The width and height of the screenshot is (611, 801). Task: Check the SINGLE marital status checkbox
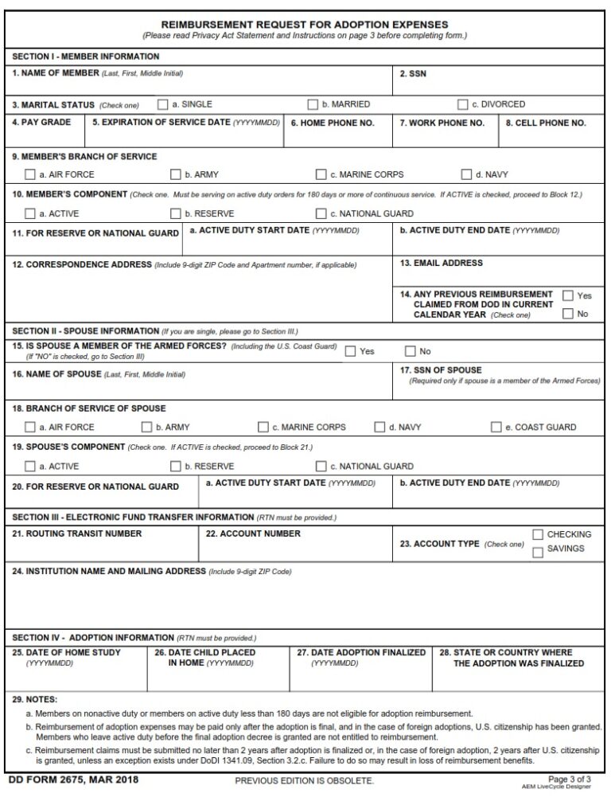coord(163,104)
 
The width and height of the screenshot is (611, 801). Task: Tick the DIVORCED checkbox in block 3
coord(462,104)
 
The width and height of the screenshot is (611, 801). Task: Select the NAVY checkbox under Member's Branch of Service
coord(466,174)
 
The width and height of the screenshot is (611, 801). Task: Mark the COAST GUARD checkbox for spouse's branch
coord(496,427)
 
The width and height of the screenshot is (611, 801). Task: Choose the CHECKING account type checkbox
coord(537,534)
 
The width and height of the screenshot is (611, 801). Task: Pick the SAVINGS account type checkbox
coord(537,550)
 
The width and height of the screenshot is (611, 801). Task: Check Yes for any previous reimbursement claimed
coord(568,295)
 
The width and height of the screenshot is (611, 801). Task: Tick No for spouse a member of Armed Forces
coord(411,351)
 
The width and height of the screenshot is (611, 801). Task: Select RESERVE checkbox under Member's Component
coord(176,213)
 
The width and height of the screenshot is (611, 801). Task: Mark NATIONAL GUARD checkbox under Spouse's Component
coord(321,466)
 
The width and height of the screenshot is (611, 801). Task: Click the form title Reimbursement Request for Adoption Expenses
coord(305,25)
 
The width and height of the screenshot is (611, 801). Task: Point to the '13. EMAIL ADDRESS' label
coord(441,263)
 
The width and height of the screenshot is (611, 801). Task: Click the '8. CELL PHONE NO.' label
coord(546,123)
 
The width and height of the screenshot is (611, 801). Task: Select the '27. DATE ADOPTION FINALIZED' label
coord(361,652)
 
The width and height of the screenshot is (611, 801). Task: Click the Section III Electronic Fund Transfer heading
coord(132,517)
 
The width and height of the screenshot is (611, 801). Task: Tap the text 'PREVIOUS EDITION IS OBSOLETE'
coord(304,781)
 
